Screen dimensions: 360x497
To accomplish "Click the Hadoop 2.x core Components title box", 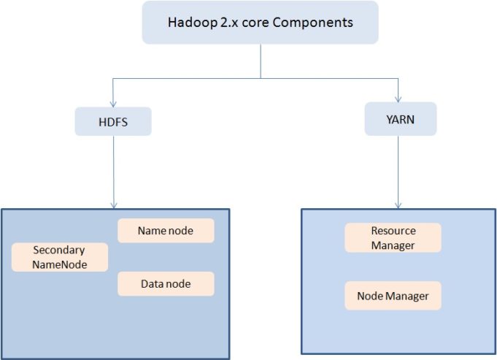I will pyautogui.click(x=260, y=23).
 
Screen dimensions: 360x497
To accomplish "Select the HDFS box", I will pyautogui.click(x=112, y=122).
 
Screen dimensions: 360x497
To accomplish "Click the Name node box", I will pyautogui.click(x=166, y=231).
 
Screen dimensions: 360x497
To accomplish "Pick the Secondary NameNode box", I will pyautogui.click(x=59, y=257).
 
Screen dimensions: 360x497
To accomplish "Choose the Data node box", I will pyautogui.click(x=166, y=284).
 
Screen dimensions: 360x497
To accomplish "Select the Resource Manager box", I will pyautogui.click(x=393, y=238).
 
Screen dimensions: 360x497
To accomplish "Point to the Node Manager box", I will pyautogui.click(x=393, y=296).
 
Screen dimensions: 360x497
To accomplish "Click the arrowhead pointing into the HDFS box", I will pyautogui.click(x=112, y=103).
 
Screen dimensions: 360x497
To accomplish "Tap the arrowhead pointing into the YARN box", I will pyautogui.click(x=398, y=99).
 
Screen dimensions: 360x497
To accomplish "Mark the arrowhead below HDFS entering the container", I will pyautogui.click(x=113, y=204).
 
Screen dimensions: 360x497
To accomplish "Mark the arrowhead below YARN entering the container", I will pyautogui.click(x=398, y=204).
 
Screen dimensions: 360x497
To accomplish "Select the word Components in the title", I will pyautogui.click(x=318, y=23).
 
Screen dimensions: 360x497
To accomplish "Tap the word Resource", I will pyautogui.click(x=393, y=231).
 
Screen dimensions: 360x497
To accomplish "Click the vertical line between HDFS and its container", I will pyautogui.click(x=113, y=168).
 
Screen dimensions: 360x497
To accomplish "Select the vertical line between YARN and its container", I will pyautogui.click(x=398, y=168).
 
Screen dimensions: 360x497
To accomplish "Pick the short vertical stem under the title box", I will pyautogui.click(x=260, y=60).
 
